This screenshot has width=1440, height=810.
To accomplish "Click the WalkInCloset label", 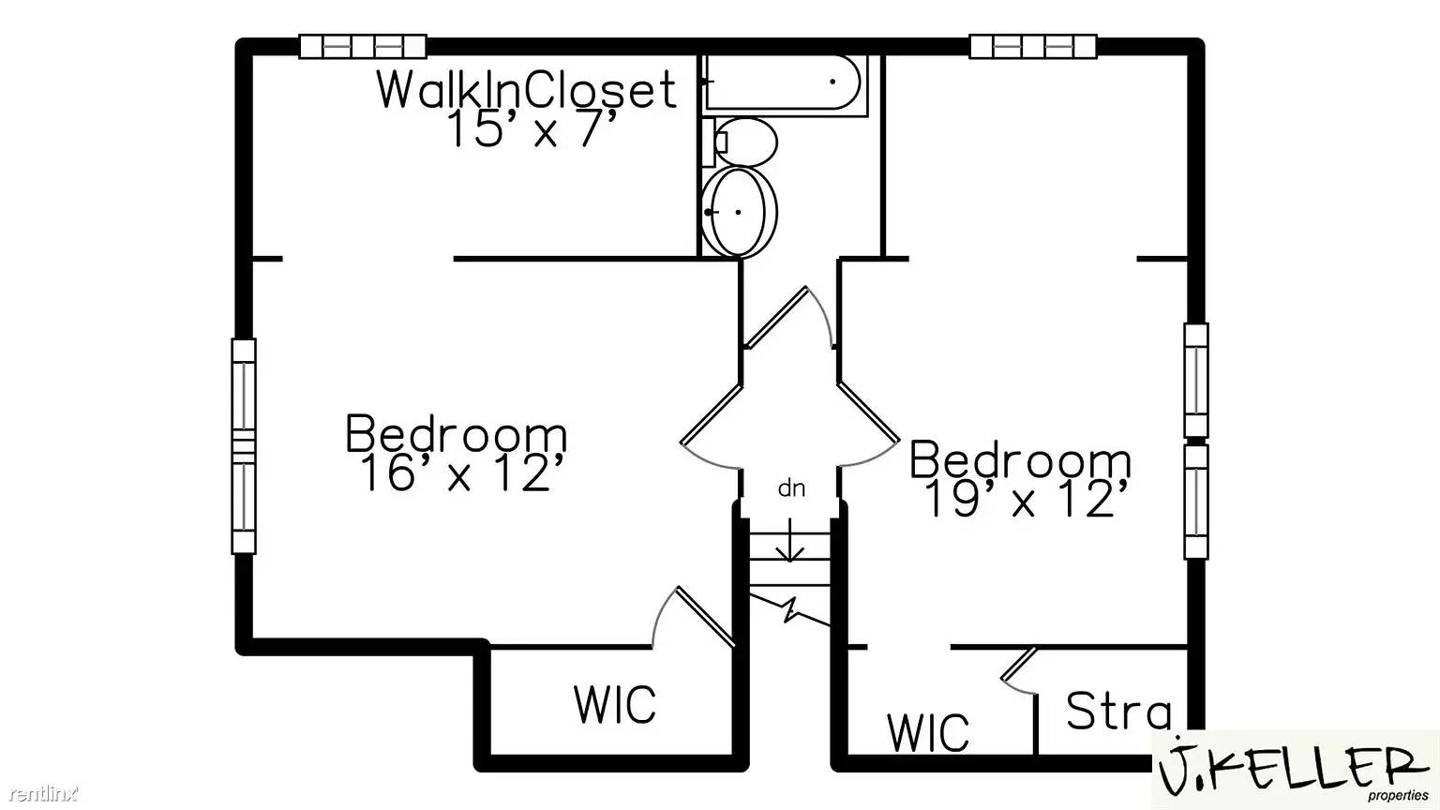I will coord(526,90).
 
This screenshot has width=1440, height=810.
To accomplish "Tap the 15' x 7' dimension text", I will coord(532,130).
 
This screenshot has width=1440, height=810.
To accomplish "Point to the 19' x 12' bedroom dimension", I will coord(1025,500).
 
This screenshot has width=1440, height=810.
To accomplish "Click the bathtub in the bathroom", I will coord(782,83).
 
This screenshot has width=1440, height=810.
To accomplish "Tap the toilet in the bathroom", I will coord(746,142).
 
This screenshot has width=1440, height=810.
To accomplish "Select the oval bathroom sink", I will coord(740,212).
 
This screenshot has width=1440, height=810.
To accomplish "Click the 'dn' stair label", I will coord(791,488).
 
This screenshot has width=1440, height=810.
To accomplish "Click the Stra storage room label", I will coord(1118,712).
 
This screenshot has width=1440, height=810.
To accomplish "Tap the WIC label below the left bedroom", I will coord(615,705).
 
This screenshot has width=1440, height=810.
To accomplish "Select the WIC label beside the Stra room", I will coord(928,732).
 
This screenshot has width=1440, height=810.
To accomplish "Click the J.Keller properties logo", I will coord(1295,772).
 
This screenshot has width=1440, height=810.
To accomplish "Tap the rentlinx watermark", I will coord(39,794).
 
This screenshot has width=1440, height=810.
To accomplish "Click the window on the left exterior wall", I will coord(244,445).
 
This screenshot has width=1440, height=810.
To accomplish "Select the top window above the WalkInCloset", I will coord(363,46).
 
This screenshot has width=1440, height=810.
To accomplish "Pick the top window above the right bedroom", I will coord(1032,46).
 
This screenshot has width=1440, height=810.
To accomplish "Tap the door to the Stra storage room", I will coord(1018,670).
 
